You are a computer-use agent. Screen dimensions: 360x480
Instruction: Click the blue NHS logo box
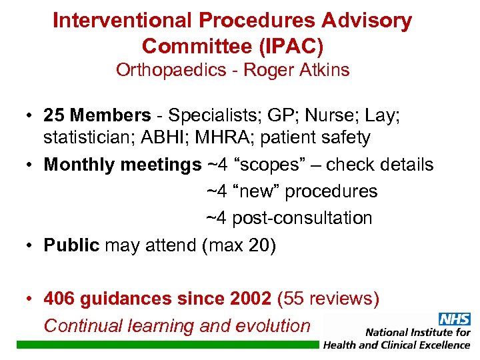tap(454, 319)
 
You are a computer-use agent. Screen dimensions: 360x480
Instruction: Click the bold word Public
tap(71, 245)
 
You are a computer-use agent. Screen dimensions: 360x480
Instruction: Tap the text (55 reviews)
tap(331, 299)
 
